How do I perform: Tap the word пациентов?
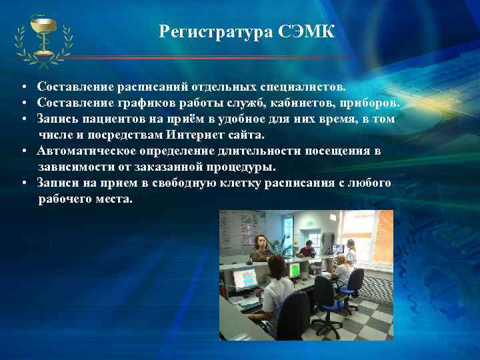(116, 118)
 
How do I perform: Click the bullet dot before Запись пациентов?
(23, 119)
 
